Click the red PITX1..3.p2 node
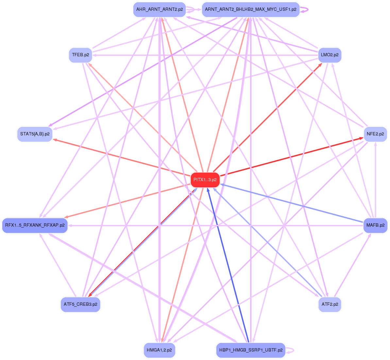tap(205, 180)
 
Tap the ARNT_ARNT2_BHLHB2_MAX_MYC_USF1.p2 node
tap(250, 9)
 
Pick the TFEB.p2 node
tap(80, 55)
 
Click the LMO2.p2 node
tap(330, 55)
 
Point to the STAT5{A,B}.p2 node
tap(35, 134)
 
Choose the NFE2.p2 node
tap(375, 134)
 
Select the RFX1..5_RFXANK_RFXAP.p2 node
tap(35, 225)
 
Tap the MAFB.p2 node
tap(375, 225)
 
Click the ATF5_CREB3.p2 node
tap(80, 304)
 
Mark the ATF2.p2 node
tap(330, 304)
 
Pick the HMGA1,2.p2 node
tap(159, 350)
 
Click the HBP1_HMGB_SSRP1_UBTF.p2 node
tap(250, 350)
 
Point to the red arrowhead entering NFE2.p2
tap(361, 138)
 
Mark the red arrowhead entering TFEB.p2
tap(91, 65)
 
